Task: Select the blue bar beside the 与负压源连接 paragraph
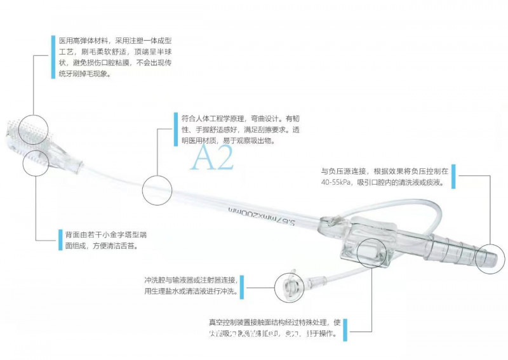[x=456, y=177]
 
